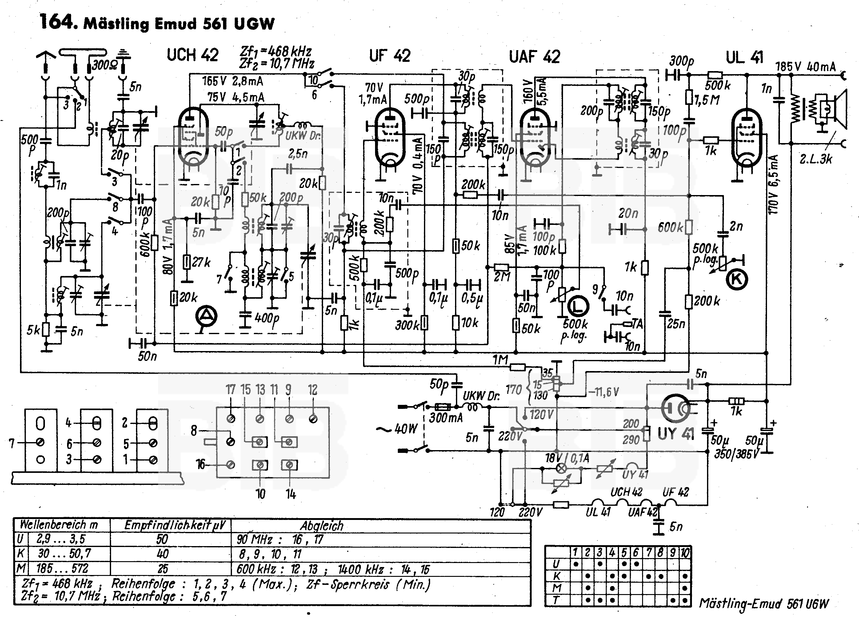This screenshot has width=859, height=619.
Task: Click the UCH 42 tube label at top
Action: click(x=192, y=55)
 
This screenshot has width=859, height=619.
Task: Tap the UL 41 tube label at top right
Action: click(x=744, y=58)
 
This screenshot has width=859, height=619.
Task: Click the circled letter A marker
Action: click(x=206, y=316)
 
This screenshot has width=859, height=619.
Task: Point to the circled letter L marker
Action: click(x=577, y=306)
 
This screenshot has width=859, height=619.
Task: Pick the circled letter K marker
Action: click(x=736, y=280)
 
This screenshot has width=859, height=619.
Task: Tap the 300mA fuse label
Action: click(x=445, y=418)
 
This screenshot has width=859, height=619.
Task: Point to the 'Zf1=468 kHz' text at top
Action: click(x=276, y=51)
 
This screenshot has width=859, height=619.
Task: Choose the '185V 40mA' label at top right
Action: click(x=805, y=67)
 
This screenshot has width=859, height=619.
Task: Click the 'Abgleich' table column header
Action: click(x=322, y=526)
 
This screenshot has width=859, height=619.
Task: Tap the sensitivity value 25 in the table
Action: click(x=163, y=569)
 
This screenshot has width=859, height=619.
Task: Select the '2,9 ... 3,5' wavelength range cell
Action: click(x=61, y=539)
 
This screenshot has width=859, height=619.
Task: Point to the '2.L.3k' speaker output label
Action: click(x=816, y=159)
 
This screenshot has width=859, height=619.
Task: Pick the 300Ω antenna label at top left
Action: click(x=105, y=65)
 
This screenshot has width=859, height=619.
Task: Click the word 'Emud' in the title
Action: click(x=176, y=24)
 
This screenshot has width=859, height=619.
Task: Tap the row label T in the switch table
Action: click(x=556, y=600)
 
